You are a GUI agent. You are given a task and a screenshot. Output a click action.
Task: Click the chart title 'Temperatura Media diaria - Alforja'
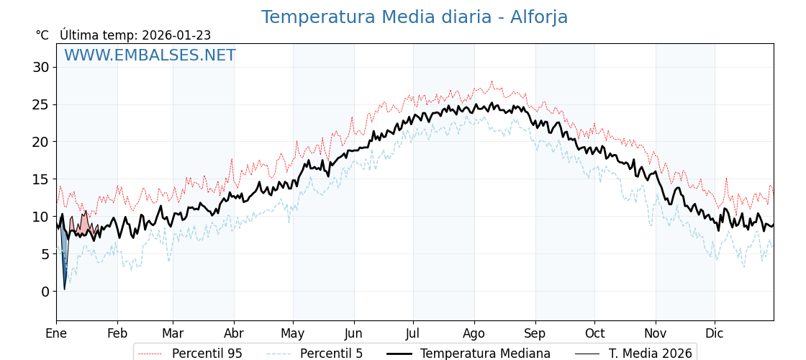[x=414, y=17]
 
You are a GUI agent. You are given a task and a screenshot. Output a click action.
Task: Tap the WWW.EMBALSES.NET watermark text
[x=150, y=55]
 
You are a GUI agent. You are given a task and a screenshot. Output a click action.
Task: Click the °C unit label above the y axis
[x=42, y=35]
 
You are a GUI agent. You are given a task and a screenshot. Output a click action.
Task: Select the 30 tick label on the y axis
[x=41, y=67]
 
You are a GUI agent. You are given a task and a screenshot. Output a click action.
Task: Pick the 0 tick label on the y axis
[x=45, y=291]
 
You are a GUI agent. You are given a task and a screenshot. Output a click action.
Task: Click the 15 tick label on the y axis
[x=41, y=179]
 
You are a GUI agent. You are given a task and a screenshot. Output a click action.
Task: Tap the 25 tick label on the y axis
[x=41, y=104]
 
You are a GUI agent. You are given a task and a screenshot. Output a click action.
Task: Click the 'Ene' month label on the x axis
[x=56, y=333]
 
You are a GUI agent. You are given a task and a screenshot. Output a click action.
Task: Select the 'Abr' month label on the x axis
[x=234, y=333]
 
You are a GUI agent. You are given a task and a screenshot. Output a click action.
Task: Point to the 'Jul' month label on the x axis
[x=413, y=333]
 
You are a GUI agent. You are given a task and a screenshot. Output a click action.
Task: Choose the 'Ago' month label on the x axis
[x=474, y=333]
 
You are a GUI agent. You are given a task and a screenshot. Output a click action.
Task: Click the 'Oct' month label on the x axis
[x=594, y=333]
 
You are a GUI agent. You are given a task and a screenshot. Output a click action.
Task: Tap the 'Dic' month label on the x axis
[x=715, y=333]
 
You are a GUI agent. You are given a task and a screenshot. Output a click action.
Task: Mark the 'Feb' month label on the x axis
[x=117, y=333]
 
